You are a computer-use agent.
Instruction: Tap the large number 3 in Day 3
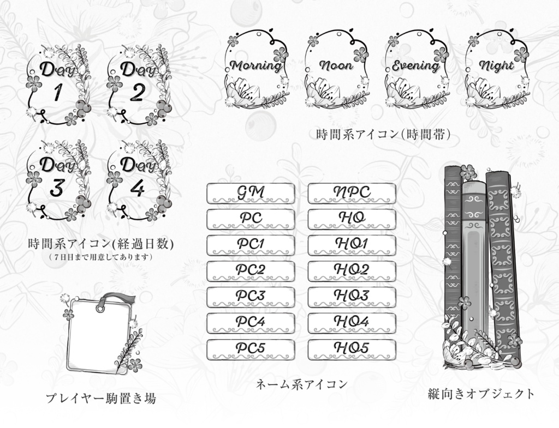(x=57, y=188)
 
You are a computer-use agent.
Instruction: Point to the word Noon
(x=336, y=67)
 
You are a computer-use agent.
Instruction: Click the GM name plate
(x=251, y=194)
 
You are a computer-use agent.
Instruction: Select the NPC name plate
(x=352, y=194)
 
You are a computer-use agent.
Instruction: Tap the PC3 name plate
(x=251, y=297)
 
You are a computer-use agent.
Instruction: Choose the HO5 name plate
(x=352, y=349)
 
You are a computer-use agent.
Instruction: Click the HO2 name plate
(x=352, y=271)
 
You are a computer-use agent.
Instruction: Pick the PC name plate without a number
(x=251, y=219)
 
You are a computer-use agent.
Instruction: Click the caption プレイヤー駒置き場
(x=100, y=399)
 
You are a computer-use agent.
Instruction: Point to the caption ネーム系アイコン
(x=301, y=384)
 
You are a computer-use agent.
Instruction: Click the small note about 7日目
(x=100, y=256)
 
